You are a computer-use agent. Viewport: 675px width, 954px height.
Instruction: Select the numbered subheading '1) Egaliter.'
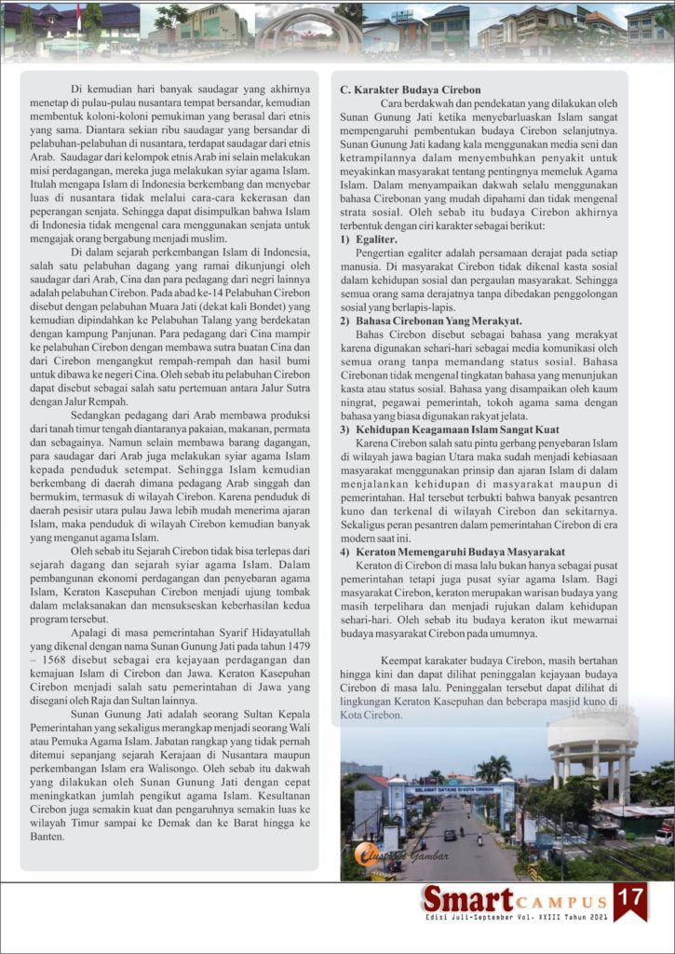369,240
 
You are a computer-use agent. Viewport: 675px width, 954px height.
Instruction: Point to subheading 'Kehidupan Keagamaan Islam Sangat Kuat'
455,429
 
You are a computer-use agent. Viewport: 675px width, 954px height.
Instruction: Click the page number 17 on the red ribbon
630,900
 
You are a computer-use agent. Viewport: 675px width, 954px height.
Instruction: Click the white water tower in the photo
593,744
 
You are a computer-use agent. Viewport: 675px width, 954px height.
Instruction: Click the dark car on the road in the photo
450,835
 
